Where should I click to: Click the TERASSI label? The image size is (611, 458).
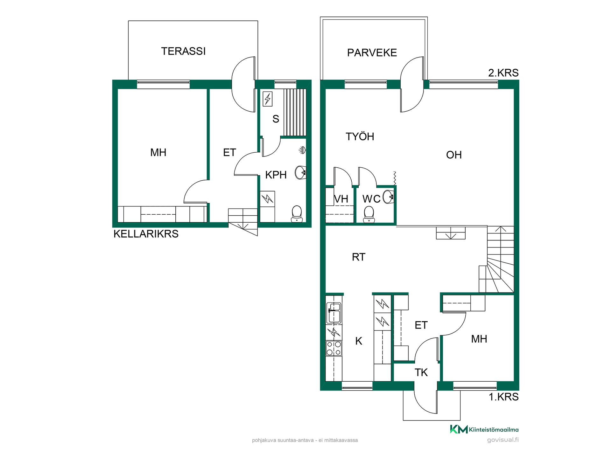pyautogui.click(x=183, y=51)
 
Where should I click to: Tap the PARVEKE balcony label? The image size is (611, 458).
pyautogui.click(x=372, y=53)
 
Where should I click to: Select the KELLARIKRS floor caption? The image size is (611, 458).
pyautogui.click(x=146, y=234)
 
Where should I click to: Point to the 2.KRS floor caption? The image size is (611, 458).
pyautogui.click(x=503, y=73)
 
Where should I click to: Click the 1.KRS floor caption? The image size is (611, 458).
pyautogui.click(x=504, y=397)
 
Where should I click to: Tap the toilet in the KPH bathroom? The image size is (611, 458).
pyautogui.click(x=297, y=213)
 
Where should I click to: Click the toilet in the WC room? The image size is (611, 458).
pyautogui.click(x=369, y=214)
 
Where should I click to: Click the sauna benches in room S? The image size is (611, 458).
pyautogui.click(x=295, y=112)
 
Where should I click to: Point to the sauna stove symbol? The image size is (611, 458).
pyautogui.click(x=268, y=99)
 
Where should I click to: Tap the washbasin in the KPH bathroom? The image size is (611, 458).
pyautogui.click(x=301, y=173)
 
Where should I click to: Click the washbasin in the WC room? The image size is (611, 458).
pyautogui.click(x=389, y=197)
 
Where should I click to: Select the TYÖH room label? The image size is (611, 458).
pyautogui.click(x=360, y=136)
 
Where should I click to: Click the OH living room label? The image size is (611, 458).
pyautogui.click(x=454, y=155)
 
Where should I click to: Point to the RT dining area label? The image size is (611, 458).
pyautogui.click(x=359, y=257)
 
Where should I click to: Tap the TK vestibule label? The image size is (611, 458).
pyautogui.click(x=421, y=372)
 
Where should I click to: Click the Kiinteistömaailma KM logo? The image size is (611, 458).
pyautogui.click(x=459, y=429)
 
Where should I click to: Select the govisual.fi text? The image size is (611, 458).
pyautogui.click(x=503, y=440)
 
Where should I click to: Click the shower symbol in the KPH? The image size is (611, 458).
pyautogui.click(x=303, y=150)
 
